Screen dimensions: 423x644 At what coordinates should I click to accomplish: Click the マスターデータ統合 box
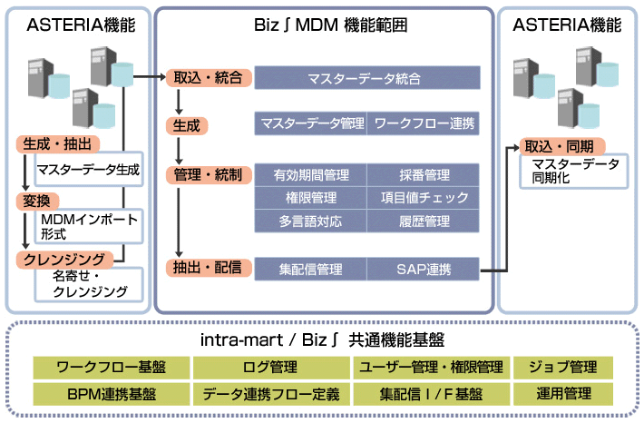[365, 79]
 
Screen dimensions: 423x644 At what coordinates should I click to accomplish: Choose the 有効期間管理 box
[311, 174]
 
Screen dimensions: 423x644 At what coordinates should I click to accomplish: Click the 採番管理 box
[423, 174]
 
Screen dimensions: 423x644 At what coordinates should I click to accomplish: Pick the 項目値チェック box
[423, 197]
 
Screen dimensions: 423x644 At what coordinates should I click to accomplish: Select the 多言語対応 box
[311, 221]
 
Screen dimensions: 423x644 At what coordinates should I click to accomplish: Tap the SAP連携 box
[423, 269]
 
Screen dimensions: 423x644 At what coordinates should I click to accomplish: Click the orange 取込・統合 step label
[208, 78]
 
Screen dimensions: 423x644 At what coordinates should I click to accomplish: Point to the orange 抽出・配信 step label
[208, 268]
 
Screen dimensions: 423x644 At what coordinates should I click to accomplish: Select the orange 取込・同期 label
[558, 146]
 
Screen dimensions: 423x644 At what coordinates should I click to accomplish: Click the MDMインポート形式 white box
[89, 226]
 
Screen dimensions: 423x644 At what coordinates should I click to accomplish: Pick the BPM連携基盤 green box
[112, 395]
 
